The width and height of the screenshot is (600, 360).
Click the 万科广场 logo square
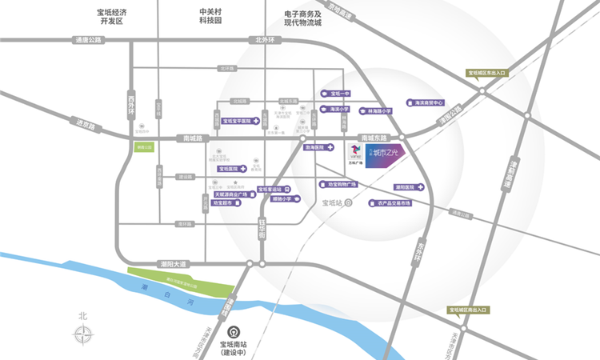click(355, 152)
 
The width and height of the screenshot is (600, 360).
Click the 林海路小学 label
click(378, 111)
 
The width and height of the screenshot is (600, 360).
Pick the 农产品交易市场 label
click(393, 203)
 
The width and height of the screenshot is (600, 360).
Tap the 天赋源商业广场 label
click(233, 194)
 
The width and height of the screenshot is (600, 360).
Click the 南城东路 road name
click(374, 138)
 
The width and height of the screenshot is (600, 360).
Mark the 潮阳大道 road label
click(173, 264)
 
